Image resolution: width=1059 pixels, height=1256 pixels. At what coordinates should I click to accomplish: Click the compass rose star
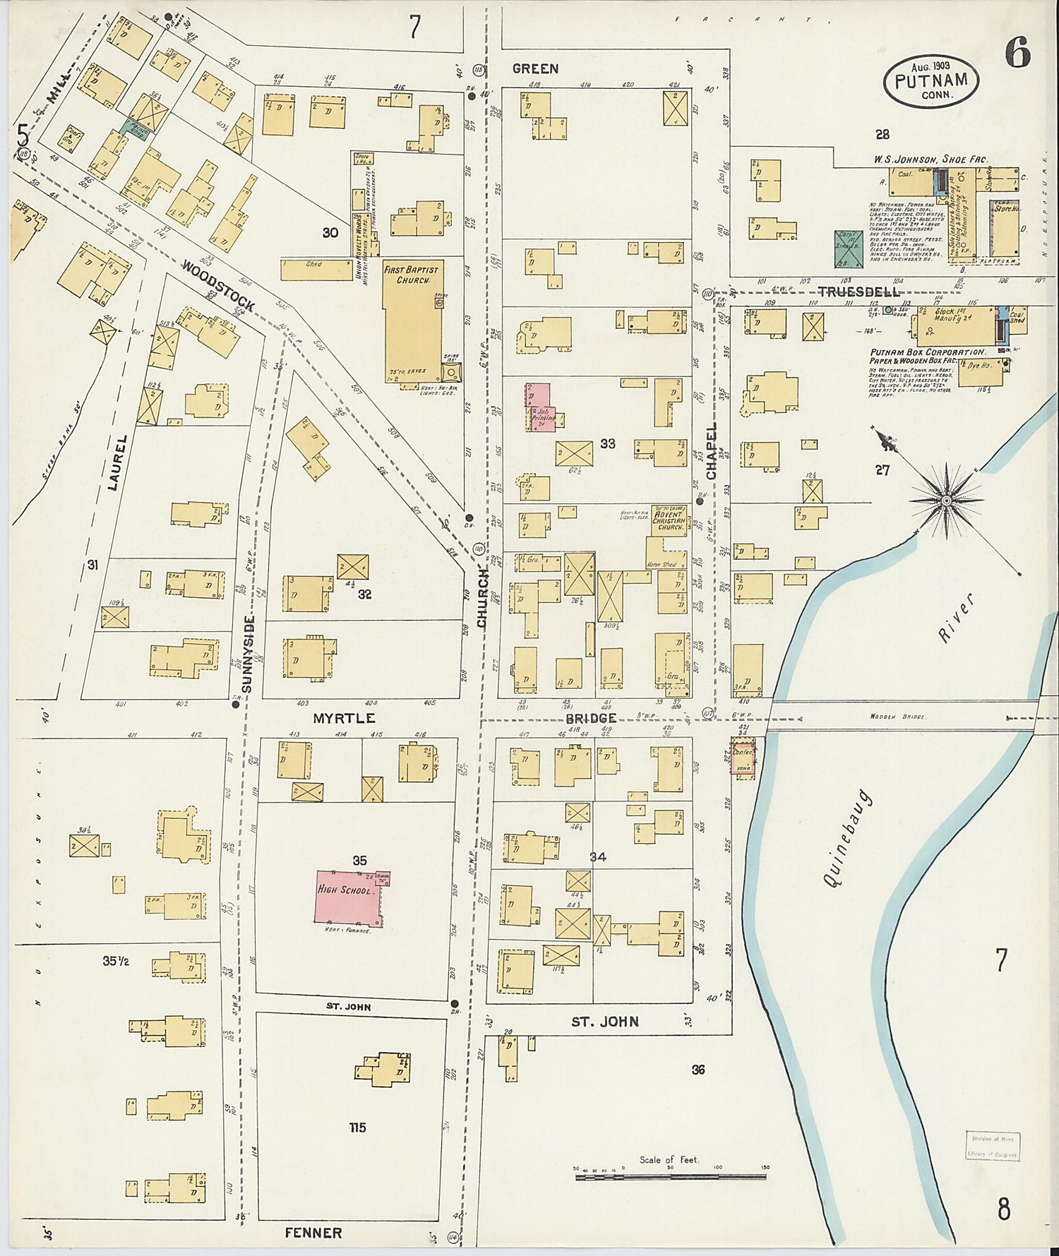946,501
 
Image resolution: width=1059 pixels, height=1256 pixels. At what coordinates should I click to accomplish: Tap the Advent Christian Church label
667,520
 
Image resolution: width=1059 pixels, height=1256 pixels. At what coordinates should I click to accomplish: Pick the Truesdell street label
858,292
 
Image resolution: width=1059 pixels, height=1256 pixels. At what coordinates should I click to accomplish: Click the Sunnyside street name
247,654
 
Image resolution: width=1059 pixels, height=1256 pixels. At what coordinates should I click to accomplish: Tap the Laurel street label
118,462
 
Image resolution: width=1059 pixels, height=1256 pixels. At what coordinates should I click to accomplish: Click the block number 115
357,1128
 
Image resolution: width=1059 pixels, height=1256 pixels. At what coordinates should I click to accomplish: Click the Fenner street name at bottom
313,1233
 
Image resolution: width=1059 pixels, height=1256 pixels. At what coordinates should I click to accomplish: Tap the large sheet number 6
1017,54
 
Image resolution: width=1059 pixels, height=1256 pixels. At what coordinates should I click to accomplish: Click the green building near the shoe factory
848,249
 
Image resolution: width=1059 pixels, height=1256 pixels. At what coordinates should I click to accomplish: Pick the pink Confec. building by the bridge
743,759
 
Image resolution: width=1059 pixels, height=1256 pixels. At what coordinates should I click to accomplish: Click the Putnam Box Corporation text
926,352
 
